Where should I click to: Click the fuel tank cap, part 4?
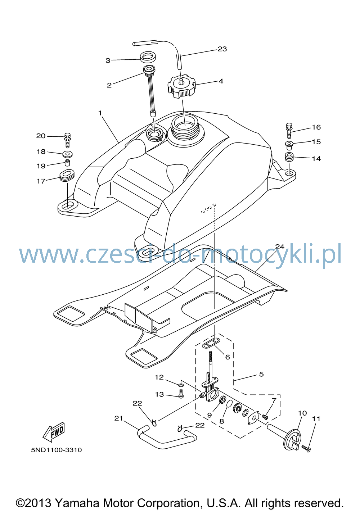pyautogui.click(x=182, y=88)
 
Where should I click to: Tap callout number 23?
pyautogui.click(x=222, y=49)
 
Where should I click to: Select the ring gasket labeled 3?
pyautogui.click(x=148, y=57)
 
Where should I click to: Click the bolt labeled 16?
pyautogui.click(x=289, y=131)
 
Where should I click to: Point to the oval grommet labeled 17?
pyautogui.click(x=67, y=176)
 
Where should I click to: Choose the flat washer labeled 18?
pyautogui.click(x=67, y=154)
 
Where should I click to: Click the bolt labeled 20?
pyautogui.click(x=68, y=140)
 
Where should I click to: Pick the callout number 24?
pyautogui.click(x=280, y=246)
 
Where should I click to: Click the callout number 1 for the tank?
pyautogui.click(x=100, y=113)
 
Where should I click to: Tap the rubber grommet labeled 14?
pyautogui.click(x=289, y=157)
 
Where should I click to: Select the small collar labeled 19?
pyautogui.click(x=67, y=163)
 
